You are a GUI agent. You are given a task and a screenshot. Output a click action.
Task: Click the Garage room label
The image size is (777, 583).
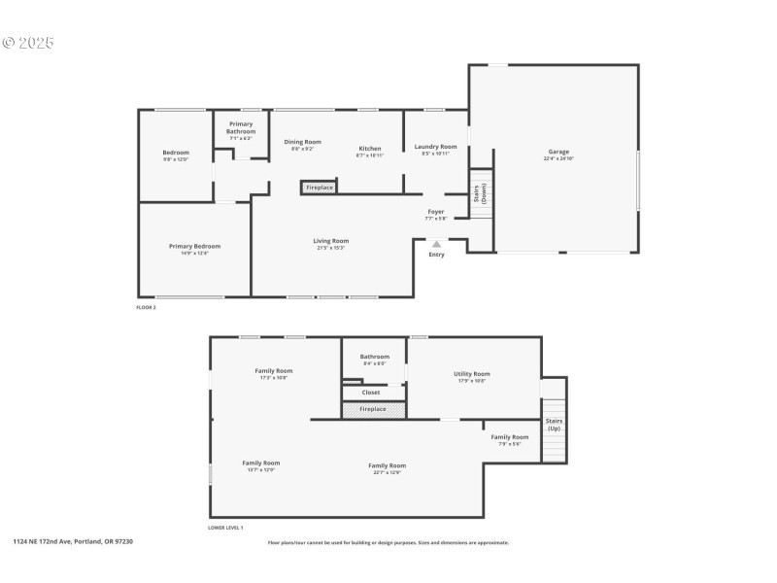point(558,152)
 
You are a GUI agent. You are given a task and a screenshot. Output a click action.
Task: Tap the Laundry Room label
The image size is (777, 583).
point(435,147)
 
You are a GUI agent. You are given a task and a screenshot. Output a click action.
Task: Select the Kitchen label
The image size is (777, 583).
point(370,149)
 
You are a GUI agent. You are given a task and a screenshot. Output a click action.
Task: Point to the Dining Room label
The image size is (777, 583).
point(302,142)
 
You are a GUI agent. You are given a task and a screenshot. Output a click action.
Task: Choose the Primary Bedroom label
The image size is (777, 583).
point(194,247)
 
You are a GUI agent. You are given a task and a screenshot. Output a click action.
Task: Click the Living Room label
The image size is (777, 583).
point(330,241)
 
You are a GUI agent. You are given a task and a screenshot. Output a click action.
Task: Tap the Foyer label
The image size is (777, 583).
point(435,212)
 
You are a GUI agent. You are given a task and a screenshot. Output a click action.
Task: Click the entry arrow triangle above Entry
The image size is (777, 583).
point(436,244)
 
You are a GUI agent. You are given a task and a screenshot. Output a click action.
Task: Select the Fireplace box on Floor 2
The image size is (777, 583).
point(320,187)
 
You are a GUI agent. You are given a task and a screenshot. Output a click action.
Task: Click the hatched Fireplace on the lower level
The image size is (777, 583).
point(372,409)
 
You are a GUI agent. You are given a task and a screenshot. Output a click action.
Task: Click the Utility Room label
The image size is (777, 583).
point(471,374)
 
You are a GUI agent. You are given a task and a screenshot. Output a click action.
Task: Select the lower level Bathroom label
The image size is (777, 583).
point(374,357)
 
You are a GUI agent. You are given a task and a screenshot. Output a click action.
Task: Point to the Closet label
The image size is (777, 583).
point(371,393)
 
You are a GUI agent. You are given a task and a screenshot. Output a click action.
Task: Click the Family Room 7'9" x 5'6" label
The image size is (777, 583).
point(509,437)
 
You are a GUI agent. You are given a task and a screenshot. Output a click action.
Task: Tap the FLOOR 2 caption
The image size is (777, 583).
point(146,307)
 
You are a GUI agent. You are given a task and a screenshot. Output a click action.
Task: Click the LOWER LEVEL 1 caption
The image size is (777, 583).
point(225,528)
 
